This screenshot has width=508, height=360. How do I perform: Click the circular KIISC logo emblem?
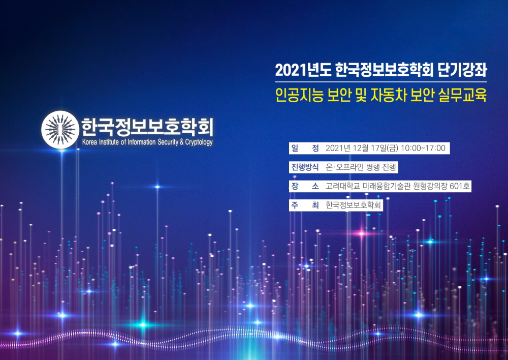tap(60, 130)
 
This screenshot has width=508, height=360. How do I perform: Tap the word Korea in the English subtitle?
tap(90, 142)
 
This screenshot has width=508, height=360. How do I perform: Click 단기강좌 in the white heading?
tap(462, 69)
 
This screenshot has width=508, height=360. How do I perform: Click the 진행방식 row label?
tap(305, 167)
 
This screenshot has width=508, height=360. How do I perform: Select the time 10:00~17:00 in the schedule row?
tap(423, 148)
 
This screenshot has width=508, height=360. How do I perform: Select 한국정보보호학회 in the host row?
tap(353, 205)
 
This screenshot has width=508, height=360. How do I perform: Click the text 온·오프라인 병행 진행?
tap(361, 167)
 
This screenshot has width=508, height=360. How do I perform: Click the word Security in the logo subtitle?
tap(168, 142)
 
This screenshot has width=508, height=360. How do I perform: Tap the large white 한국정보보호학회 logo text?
tap(147, 127)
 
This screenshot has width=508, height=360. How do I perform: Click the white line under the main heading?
tap(381, 82)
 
